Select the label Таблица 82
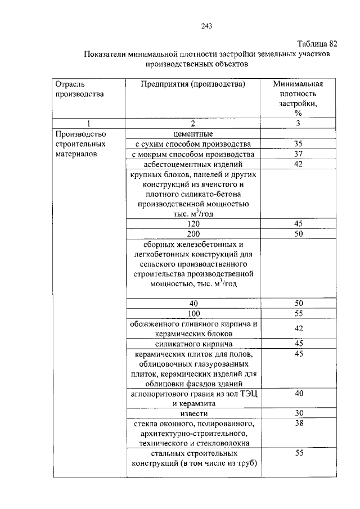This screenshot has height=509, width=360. click(x=317, y=43)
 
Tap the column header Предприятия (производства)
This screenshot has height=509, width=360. click(x=193, y=84)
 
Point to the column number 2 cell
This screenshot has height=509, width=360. click(x=193, y=124)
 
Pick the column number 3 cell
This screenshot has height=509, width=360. click(x=298, y=124)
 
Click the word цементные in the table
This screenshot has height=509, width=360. click(x=193, y=134)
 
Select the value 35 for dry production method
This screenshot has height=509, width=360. click(x=298, y=144)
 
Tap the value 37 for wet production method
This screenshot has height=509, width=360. click(x=298, y=154)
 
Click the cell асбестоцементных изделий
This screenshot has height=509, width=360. click(x=193, y=164)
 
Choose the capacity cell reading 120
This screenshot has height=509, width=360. click(x=193, y=224)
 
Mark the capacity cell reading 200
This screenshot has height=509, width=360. click(x=193, y=234)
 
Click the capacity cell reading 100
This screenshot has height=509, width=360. click(x=194, y=313)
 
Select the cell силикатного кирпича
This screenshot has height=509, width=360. click(x=194, y=344)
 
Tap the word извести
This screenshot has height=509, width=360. click(x=193, y=413)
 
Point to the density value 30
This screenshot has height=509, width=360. click(x=299, y=413)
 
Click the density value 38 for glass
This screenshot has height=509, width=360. click(x=299, y=424)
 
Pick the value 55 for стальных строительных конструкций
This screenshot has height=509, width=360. click(x=299, y=453)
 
